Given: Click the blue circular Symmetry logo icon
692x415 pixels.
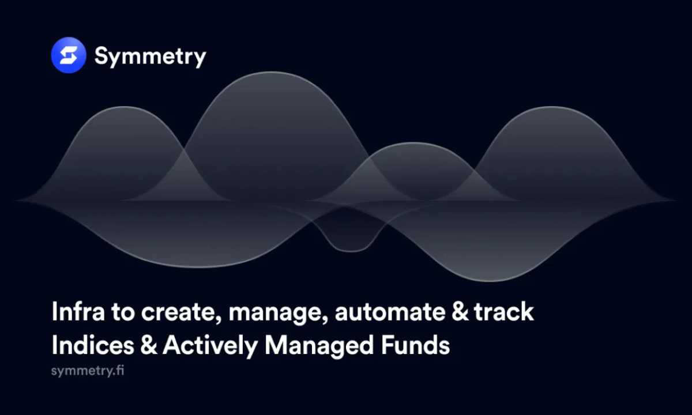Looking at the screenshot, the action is pyautogui.click(x=69, y=55).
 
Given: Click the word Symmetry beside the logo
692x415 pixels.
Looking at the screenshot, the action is pyautogui.click(x=150, y=57).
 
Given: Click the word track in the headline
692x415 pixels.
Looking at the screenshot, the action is pyautogui.click(x=504, y=312).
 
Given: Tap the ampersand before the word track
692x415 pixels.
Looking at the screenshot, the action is pyautogui.click(x=460, y=312).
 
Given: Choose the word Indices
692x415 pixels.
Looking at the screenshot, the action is pyautogui.click(x=93, y=345).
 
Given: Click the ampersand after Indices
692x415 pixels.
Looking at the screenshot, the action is pyautogui.click(x=149, y=345).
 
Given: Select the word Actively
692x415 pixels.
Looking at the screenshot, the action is pyautogui.click(x=210, y=346).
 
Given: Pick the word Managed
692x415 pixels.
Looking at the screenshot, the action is pyautogui.click(x=319, y=346).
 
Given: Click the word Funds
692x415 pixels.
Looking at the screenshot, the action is pyautogui.click(x=415, y=345).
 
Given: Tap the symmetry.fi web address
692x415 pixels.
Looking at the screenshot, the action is pyautogui.click(x=88, y=370).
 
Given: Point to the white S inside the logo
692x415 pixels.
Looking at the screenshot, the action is pyautogui.click(x=69, y=55).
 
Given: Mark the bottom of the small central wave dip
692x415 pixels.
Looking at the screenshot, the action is pyautogui.click(x=351, y=251).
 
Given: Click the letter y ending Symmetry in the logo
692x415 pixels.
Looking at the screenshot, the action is pyautogui.click(x=200, y=59).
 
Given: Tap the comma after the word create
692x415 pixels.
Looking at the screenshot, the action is pyautogui.click(x=219, y=321).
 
